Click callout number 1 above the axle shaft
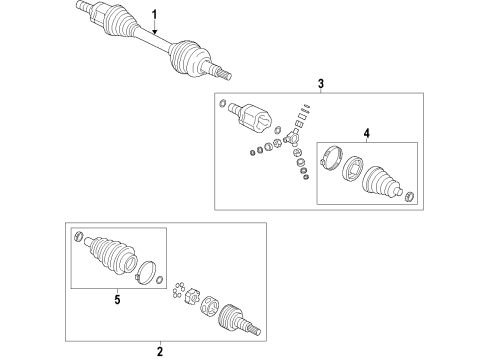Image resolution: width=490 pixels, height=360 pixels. (154, 15)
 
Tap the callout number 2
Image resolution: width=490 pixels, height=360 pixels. (160, 351)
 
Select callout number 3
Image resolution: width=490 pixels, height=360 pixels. (321, 83)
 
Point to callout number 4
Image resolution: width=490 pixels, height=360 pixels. (367, 133)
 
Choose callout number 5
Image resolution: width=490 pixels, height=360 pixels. (117, 299)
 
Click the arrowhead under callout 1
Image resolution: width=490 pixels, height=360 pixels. (154, 32)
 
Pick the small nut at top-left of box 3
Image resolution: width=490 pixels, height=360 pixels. (223, 103)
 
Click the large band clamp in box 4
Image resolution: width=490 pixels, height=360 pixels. (331, 158)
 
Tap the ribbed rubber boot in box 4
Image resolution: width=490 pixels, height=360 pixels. (382, 182)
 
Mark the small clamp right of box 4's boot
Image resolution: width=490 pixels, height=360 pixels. (409, 197)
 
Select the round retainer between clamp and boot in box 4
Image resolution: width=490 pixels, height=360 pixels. (353, 169)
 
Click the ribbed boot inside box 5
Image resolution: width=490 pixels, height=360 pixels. (111, 256)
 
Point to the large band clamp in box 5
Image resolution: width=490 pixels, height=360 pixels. (146, 272)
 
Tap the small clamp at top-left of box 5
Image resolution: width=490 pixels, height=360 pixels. (78, 236)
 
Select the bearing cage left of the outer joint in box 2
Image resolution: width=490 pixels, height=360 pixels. (210, 305)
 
